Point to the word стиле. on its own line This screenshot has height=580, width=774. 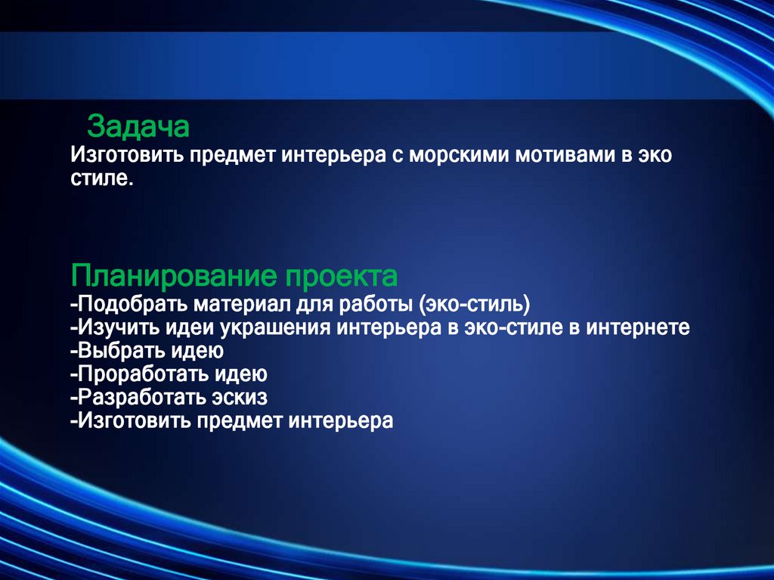102,180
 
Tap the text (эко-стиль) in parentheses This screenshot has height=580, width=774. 474,305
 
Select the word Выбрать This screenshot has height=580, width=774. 118,351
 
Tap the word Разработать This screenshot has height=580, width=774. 139,396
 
